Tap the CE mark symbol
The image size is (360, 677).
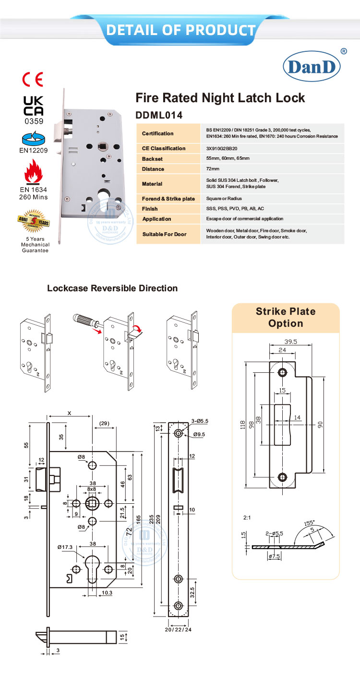click(33, 79)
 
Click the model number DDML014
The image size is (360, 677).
click(159, 115)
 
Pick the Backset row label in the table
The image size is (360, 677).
click(152, 159)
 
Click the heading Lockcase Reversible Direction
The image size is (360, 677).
click(112, 288)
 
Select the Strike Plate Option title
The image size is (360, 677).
click(286, 317)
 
